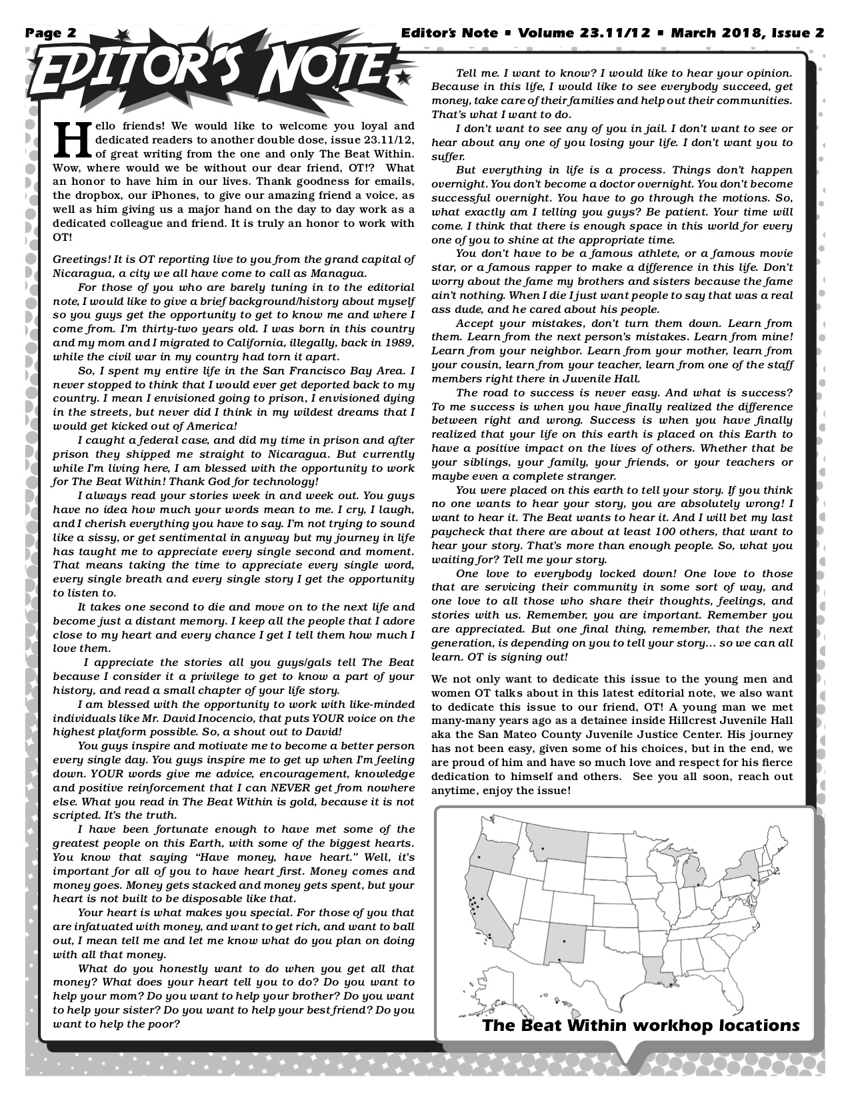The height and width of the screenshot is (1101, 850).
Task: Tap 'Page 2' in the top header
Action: click(x=51, y=33)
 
